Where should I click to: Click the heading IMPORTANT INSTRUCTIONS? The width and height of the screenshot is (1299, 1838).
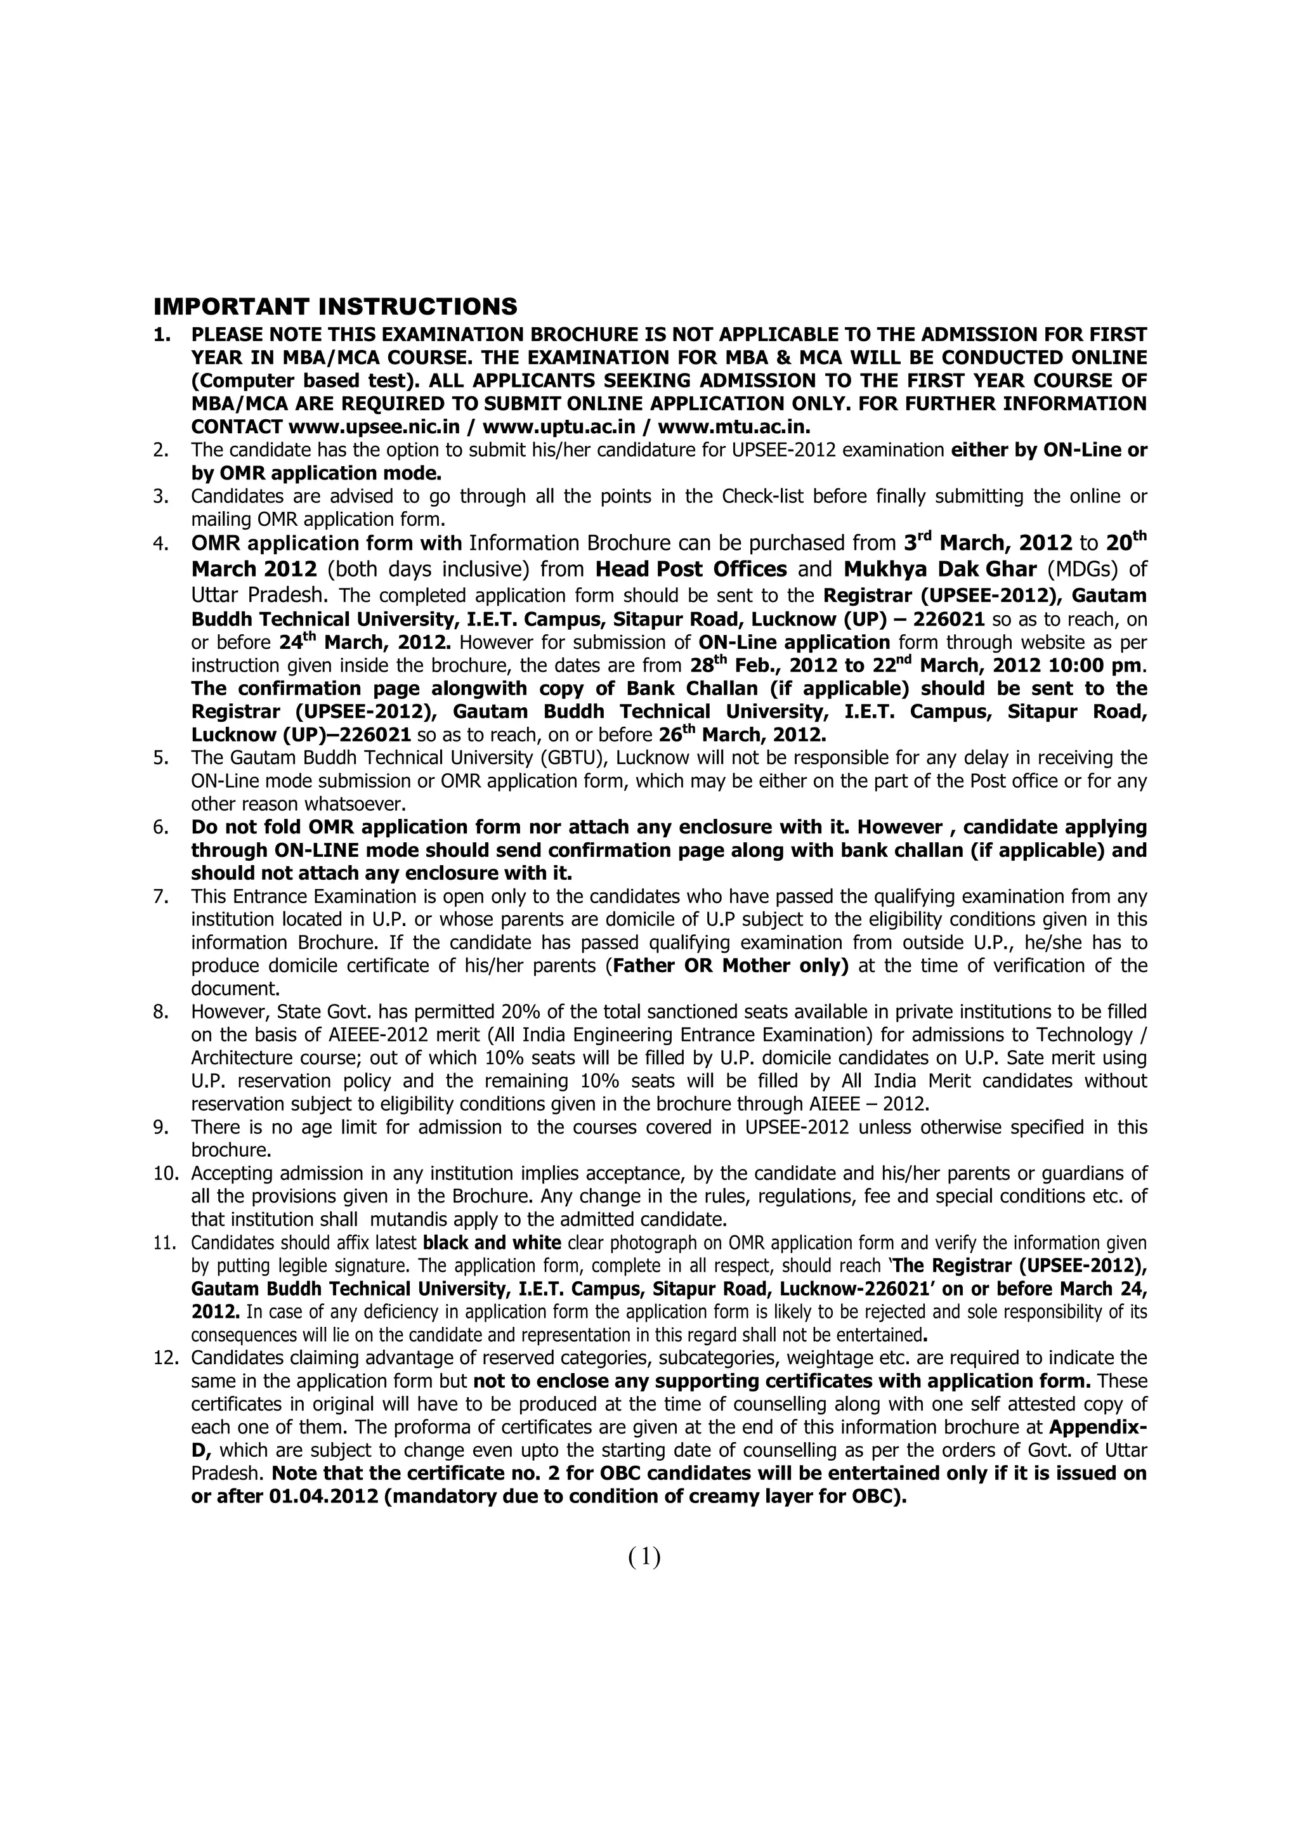click(336, 306)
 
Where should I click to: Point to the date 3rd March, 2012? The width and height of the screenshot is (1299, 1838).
click(988, 544)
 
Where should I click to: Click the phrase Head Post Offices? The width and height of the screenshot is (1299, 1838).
click(691, 570)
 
